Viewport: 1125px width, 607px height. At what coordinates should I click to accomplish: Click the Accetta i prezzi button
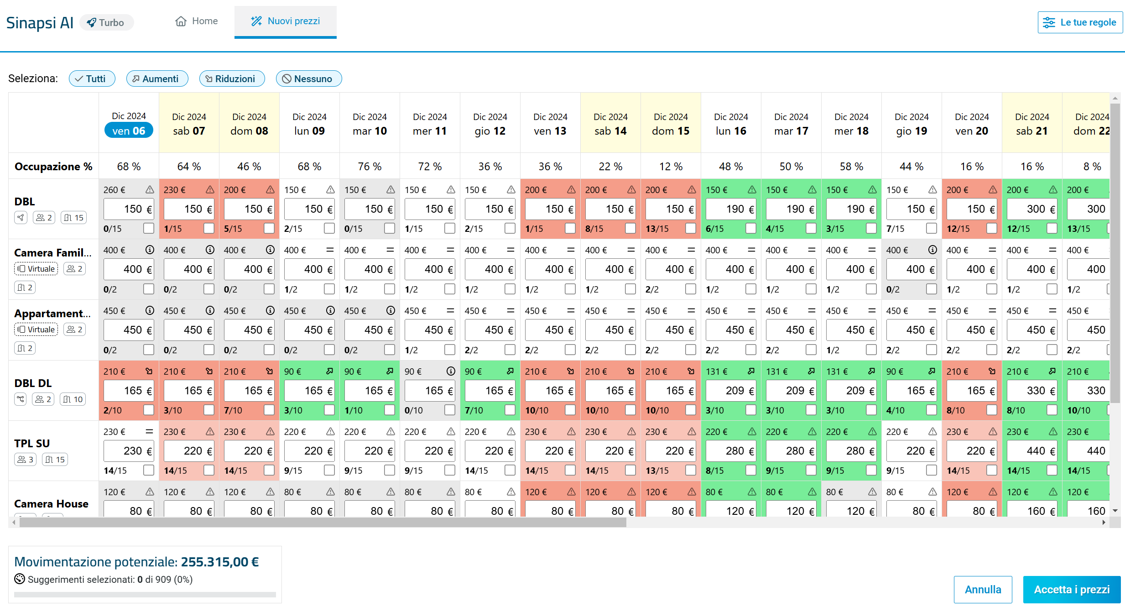click(x=1072, y=589)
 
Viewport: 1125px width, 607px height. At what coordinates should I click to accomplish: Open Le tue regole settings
click(x=1080, y=22)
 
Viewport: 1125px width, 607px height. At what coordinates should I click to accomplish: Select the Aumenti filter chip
click(x=157, y=78)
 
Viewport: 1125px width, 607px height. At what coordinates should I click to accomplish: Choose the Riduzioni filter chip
click(x=232, y=78)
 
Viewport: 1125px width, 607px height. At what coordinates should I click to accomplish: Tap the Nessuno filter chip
click(x=308, y=78)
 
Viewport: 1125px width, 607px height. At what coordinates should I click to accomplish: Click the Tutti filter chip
click(x=92, y=78)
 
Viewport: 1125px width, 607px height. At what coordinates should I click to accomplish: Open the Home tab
click(x=197, y=21)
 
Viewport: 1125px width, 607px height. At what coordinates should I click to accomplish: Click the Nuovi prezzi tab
click(x=286, y=21)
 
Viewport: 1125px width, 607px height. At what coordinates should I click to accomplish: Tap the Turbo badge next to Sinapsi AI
click(x=106, y=22)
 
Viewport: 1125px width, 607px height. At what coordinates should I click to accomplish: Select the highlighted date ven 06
click(x=129, y=131)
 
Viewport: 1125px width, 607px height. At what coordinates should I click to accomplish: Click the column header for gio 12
click(x=490, y=124)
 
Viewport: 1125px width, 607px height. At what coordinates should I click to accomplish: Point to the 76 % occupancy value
click(x=370, y=167)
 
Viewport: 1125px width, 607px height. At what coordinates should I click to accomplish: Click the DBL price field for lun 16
click(x=730, y=209)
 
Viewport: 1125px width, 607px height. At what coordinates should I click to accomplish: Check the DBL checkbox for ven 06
click(x=149, y=228)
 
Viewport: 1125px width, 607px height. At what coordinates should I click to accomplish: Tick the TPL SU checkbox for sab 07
click(x=209, y=470)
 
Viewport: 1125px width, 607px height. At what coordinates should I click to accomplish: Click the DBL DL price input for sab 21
click(x=1031, y=391)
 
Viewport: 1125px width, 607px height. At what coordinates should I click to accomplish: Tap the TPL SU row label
click(x=32, y=443)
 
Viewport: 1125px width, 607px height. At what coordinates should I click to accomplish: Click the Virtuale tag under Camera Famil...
click(x=36, y=269)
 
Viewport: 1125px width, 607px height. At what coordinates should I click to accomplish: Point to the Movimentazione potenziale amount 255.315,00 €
click(x=220, y=562)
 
